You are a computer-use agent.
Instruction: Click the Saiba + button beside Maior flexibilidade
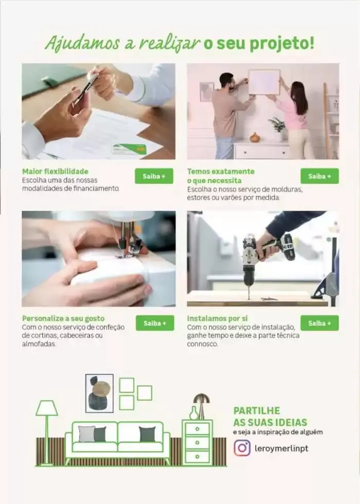click(x=154, y=176)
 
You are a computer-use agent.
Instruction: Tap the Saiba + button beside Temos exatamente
click(x=319, y=176)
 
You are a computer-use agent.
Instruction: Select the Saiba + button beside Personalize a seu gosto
click(x=154, y=323)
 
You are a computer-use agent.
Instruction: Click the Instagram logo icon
click(x=242, y=447)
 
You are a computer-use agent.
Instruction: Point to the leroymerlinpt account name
click(x=281, y=448)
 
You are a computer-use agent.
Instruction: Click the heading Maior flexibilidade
click(x=55, y=171)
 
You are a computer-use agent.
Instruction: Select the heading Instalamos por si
click(x=217, y=318)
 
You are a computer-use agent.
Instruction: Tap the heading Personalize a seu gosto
click(x=63, y=318)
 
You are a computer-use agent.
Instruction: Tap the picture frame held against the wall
click(x=264, y=82)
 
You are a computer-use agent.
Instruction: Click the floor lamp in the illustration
click(x=46, y=427)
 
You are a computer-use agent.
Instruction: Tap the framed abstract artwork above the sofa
click(x=99, y=393)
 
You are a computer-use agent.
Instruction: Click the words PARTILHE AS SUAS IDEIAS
click(x=257, y=416)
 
